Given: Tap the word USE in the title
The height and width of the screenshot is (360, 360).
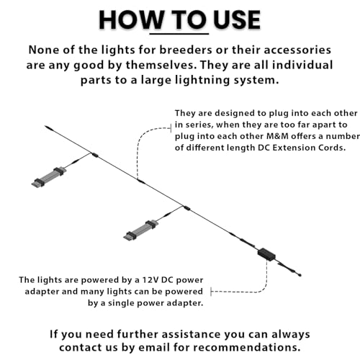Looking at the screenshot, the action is [237, 19].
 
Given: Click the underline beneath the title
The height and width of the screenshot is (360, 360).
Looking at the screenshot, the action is [179, 34].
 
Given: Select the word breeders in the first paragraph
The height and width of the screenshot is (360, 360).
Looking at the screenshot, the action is [186, 50].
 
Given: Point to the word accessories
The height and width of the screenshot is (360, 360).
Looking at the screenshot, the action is [297, 50].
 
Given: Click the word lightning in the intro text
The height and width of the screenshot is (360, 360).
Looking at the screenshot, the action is [202, 80].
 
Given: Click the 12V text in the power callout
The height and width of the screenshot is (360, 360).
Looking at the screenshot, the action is [150, 280].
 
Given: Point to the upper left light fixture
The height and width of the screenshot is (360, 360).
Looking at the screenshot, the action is [49, 177].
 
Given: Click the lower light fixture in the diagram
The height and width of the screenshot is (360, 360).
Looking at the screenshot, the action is [141, 230].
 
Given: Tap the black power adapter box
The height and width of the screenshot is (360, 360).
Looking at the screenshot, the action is [266, 254].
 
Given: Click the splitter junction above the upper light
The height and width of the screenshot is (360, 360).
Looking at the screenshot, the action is [94, 155].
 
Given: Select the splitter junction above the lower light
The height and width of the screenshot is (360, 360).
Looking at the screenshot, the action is [186, 208].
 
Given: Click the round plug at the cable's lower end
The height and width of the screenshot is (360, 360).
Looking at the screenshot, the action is [300, 275].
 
